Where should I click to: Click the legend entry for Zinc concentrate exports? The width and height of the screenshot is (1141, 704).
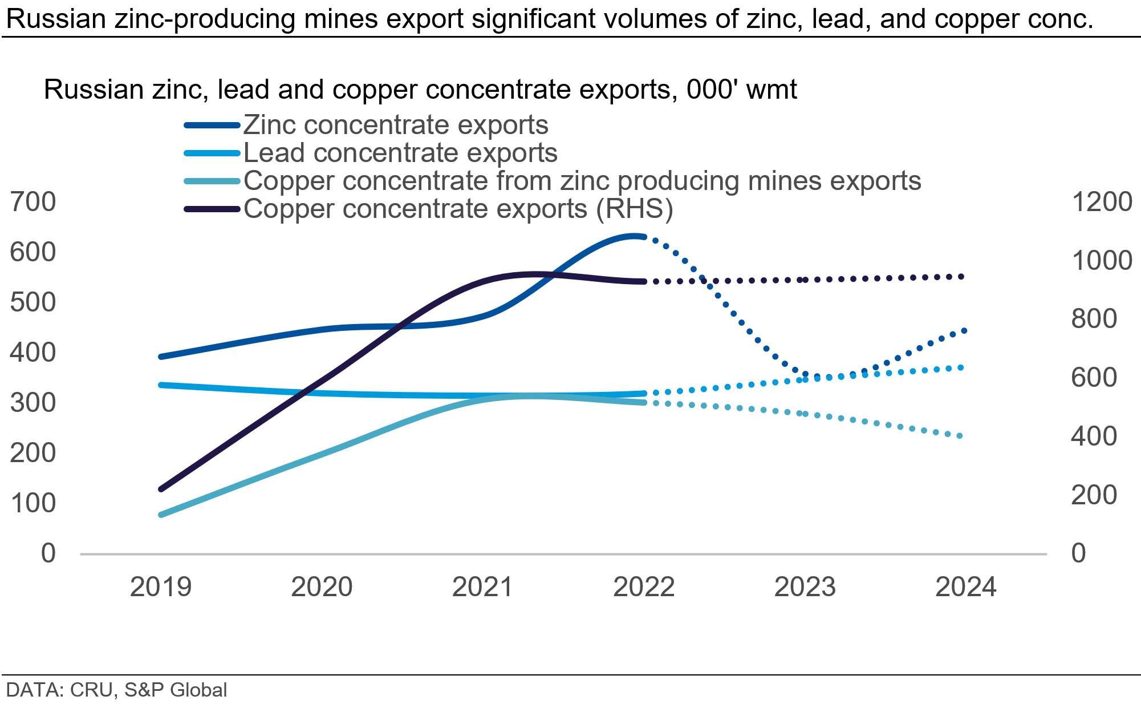click(x=396, y=125)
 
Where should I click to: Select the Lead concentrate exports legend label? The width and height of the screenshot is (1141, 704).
click(x=400, y=153)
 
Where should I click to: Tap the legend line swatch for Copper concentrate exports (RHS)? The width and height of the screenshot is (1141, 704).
click(x=212, y=209)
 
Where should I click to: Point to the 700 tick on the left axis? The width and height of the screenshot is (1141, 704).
click(x=33, y=202)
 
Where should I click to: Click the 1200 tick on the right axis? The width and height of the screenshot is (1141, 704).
click(x=1102, y=202)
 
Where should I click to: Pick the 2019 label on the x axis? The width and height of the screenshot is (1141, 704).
click(x=161, y=587)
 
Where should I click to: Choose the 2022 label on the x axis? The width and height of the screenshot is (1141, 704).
click(x=644, y=587)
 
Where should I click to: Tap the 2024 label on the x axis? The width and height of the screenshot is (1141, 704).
click(x=965, y=587)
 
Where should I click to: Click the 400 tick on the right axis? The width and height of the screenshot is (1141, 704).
click(x=1094, y=436)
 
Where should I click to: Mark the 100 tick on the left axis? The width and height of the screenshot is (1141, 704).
click(x=33, y=503)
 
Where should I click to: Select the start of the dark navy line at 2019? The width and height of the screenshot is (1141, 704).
click(x=161, y=489)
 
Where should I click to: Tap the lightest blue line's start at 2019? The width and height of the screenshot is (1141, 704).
click(x=161, y=515)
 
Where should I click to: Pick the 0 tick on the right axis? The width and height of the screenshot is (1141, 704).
click(x=1078, y=553)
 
